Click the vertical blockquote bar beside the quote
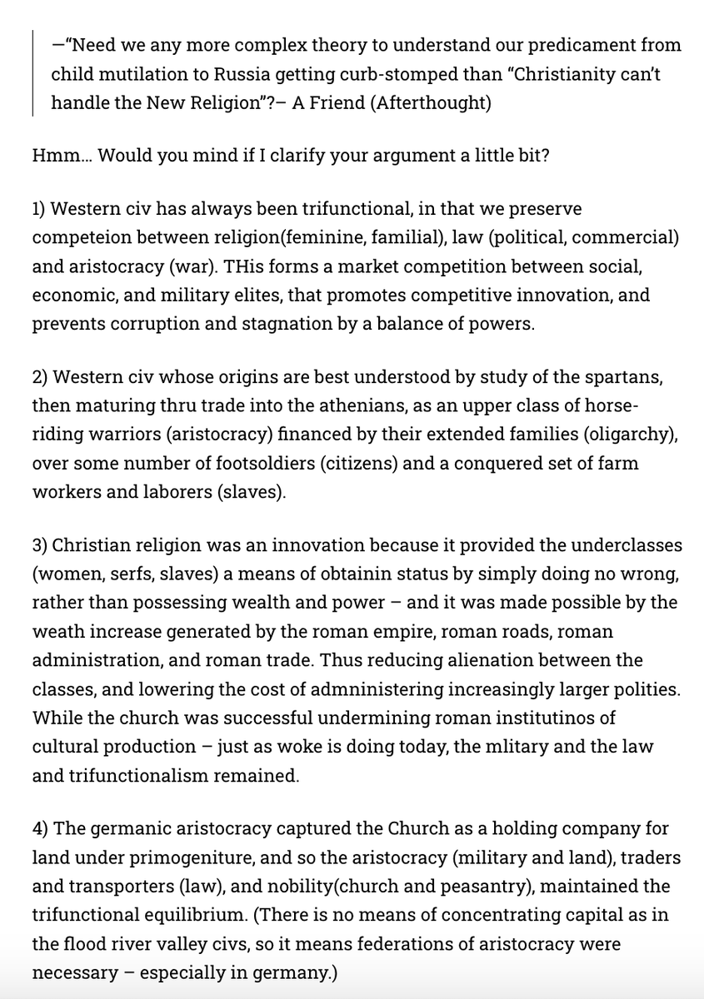click(x=32, y=73)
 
